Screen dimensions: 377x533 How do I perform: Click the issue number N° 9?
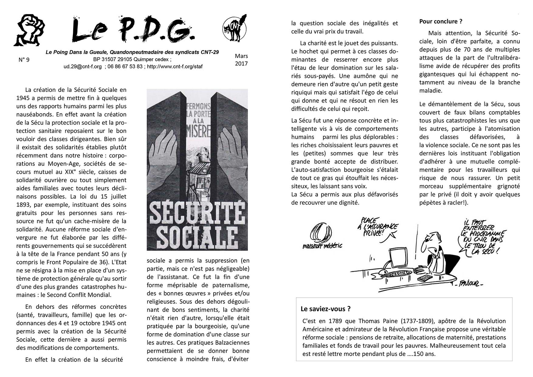click(24, 60)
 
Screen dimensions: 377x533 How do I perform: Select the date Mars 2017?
click(241, 60)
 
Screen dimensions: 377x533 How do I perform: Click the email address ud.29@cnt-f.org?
click(83, 67)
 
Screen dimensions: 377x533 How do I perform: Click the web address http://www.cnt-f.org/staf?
click(175, 67)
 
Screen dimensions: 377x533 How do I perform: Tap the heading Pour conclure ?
click(441, 21)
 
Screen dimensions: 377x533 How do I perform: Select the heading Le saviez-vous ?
click(325, 309)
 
